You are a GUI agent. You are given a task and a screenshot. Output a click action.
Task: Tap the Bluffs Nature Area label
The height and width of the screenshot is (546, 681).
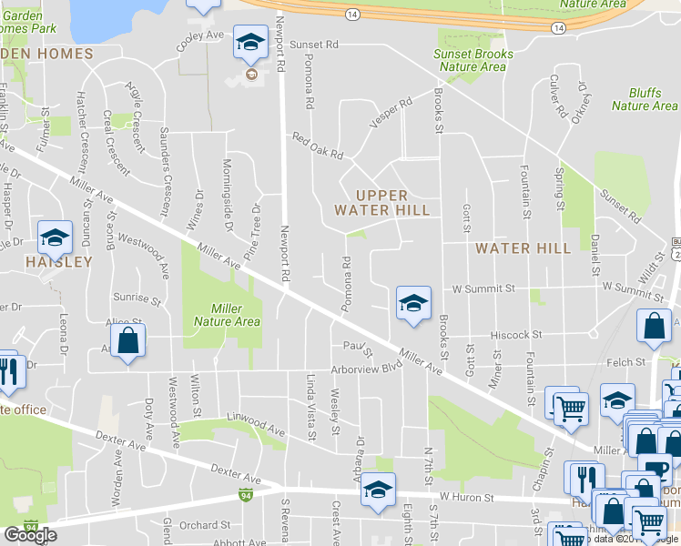pos(644,99)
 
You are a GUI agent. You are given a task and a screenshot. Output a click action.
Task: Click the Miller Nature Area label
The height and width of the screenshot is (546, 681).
pos(227,315)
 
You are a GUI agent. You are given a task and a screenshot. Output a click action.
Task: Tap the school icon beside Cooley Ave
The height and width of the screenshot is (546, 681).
pos(249,42)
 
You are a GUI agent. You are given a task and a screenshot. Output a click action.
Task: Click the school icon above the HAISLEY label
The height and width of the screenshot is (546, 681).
pos(55,238)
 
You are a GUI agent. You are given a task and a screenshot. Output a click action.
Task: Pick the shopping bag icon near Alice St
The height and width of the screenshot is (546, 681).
pos(128,342)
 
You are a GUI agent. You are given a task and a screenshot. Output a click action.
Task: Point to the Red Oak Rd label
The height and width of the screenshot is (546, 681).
pos(318,147)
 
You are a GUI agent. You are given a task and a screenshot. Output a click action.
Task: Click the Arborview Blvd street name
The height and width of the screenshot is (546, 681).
pos(367,368)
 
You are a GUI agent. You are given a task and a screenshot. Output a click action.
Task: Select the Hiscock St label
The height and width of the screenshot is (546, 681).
pos(518,335)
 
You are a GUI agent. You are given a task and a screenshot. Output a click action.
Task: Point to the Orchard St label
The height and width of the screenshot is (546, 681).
pos(204,525)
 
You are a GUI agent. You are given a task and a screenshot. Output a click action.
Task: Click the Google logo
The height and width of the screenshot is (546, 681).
pos(30,534)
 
